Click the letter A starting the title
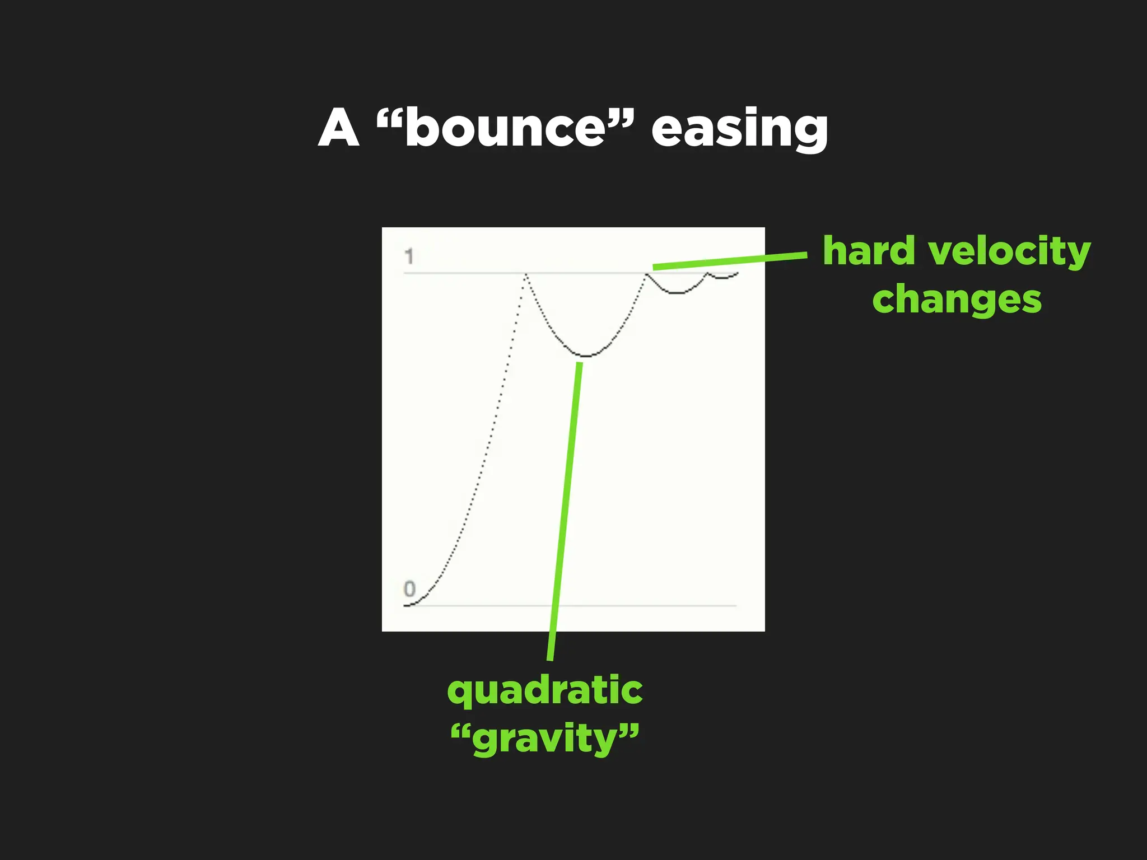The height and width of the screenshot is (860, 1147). (x=338, y=129)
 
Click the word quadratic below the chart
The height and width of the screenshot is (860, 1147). (x=544, y=691)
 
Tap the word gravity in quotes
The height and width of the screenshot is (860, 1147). (x=544, y=739)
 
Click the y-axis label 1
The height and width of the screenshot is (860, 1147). (x=409, y=256)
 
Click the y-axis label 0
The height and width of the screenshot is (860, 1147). (x=409, y=589)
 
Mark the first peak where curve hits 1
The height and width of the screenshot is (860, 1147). (x=526, y=274)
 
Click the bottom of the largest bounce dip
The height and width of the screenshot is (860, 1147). (x=586, y=356)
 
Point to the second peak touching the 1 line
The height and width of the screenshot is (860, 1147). (x=646, y=274)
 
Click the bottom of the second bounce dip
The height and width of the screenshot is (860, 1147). (x=677, y=293)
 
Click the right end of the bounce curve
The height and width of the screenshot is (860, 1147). (x=737, y=273)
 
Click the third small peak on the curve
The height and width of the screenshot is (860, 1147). (x=707, y=273)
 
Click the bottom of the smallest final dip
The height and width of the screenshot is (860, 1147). (x=722, y=278)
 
